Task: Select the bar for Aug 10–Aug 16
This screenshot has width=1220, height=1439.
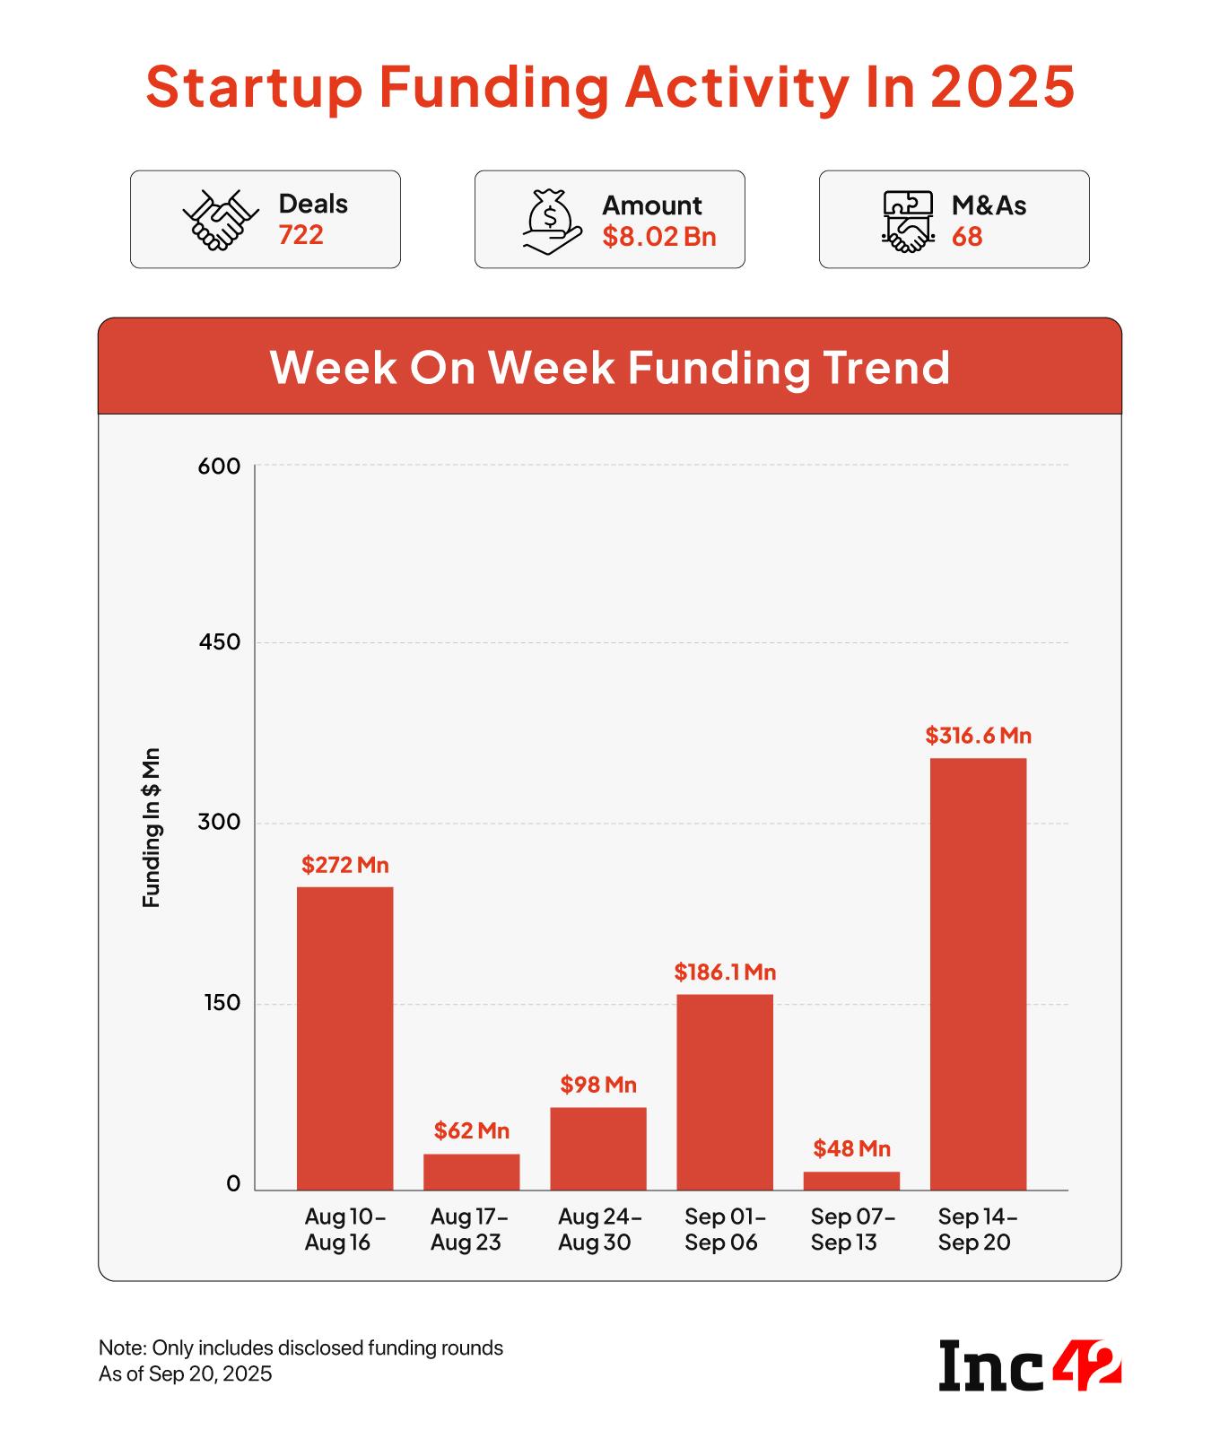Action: (344, 1038)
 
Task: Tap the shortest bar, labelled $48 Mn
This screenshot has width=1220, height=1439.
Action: (851, 1181)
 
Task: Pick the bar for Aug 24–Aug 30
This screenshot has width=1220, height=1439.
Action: (598, 1148)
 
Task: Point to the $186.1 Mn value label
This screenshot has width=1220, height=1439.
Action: (725, 972)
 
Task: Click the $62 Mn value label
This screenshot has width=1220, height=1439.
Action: (472, 1130)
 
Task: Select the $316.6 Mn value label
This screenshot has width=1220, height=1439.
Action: (979, 736)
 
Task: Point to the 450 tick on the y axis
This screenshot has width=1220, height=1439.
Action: (221, 642)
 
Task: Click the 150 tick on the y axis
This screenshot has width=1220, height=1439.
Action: (222, 1003)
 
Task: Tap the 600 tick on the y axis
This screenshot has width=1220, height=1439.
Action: (221, 467)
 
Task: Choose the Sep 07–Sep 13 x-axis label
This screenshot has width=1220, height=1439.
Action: (852, 1229)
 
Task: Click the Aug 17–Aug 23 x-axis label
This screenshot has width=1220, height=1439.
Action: (469, 1229)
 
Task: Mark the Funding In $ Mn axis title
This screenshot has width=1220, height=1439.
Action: (152, 826)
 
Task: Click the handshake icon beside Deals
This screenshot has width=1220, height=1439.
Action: (220, 220)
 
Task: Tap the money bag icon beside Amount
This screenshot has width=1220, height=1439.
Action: (549, 221)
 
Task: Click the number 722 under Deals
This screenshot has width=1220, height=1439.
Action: (301, 235)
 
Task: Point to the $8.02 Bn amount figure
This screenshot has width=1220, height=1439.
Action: (659, 237)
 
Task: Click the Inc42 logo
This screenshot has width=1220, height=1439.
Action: (1030, 1365)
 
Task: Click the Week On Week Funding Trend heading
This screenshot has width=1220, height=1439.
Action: (610, 367)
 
